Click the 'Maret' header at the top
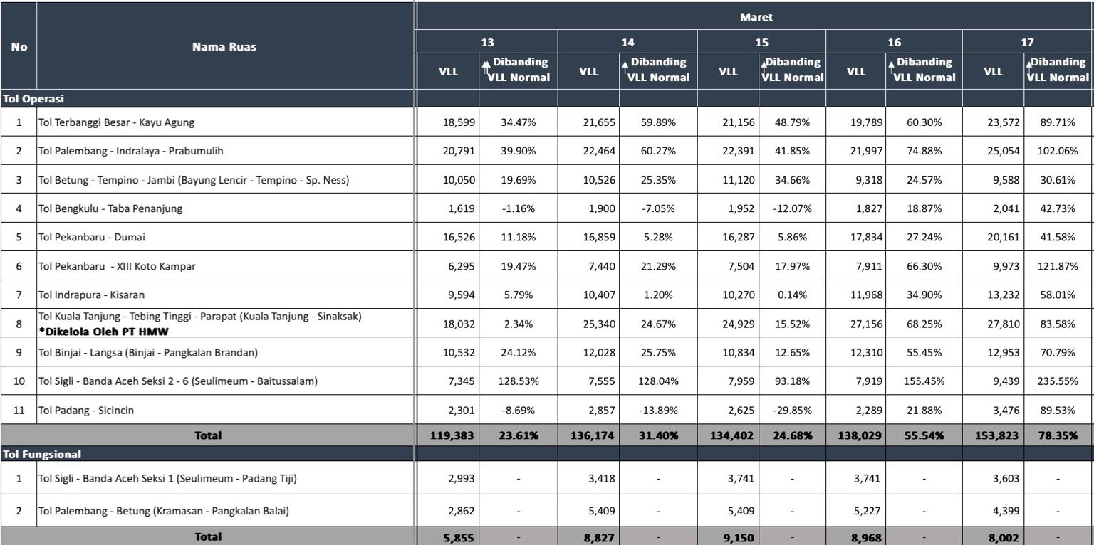coord(756,17)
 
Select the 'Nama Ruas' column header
coord(224,47)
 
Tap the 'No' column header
coord(19,47)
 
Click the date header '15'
coord(761,43)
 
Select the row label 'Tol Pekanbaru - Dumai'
coord(85,236)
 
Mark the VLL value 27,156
coord(864,323)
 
